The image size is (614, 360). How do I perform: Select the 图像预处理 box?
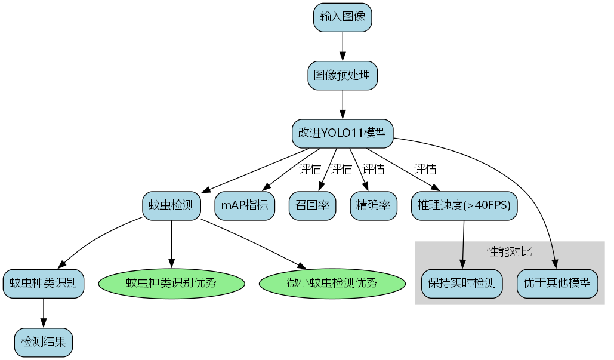[343, 75]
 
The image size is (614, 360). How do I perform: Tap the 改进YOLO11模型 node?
[343, 134]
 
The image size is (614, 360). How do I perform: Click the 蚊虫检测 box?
[172, 205]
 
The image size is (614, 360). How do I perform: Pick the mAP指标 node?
[245, 205]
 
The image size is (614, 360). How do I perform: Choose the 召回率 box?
[312, 205]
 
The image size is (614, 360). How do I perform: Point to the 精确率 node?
[374, 205]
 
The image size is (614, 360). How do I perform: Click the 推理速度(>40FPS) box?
[464, 205]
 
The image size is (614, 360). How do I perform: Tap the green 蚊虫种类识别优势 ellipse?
[172, 283]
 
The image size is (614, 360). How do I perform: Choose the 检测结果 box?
[43, 342]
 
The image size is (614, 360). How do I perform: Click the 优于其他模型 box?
[557, 283]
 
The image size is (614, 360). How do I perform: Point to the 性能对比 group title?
[509, 251]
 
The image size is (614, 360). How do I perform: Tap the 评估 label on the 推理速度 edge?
[425, 169]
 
